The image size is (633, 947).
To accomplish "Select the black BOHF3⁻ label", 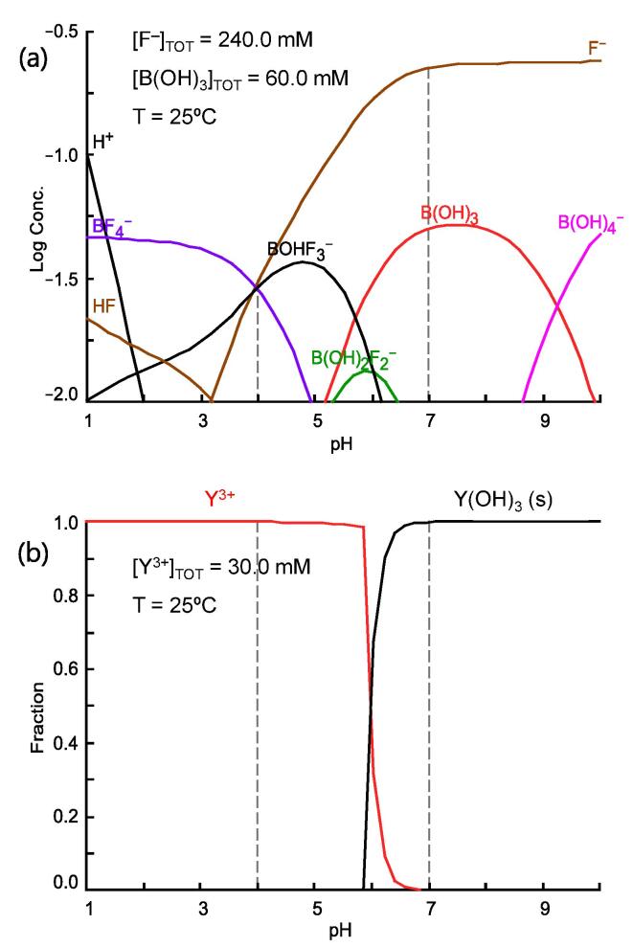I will [300, 252].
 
